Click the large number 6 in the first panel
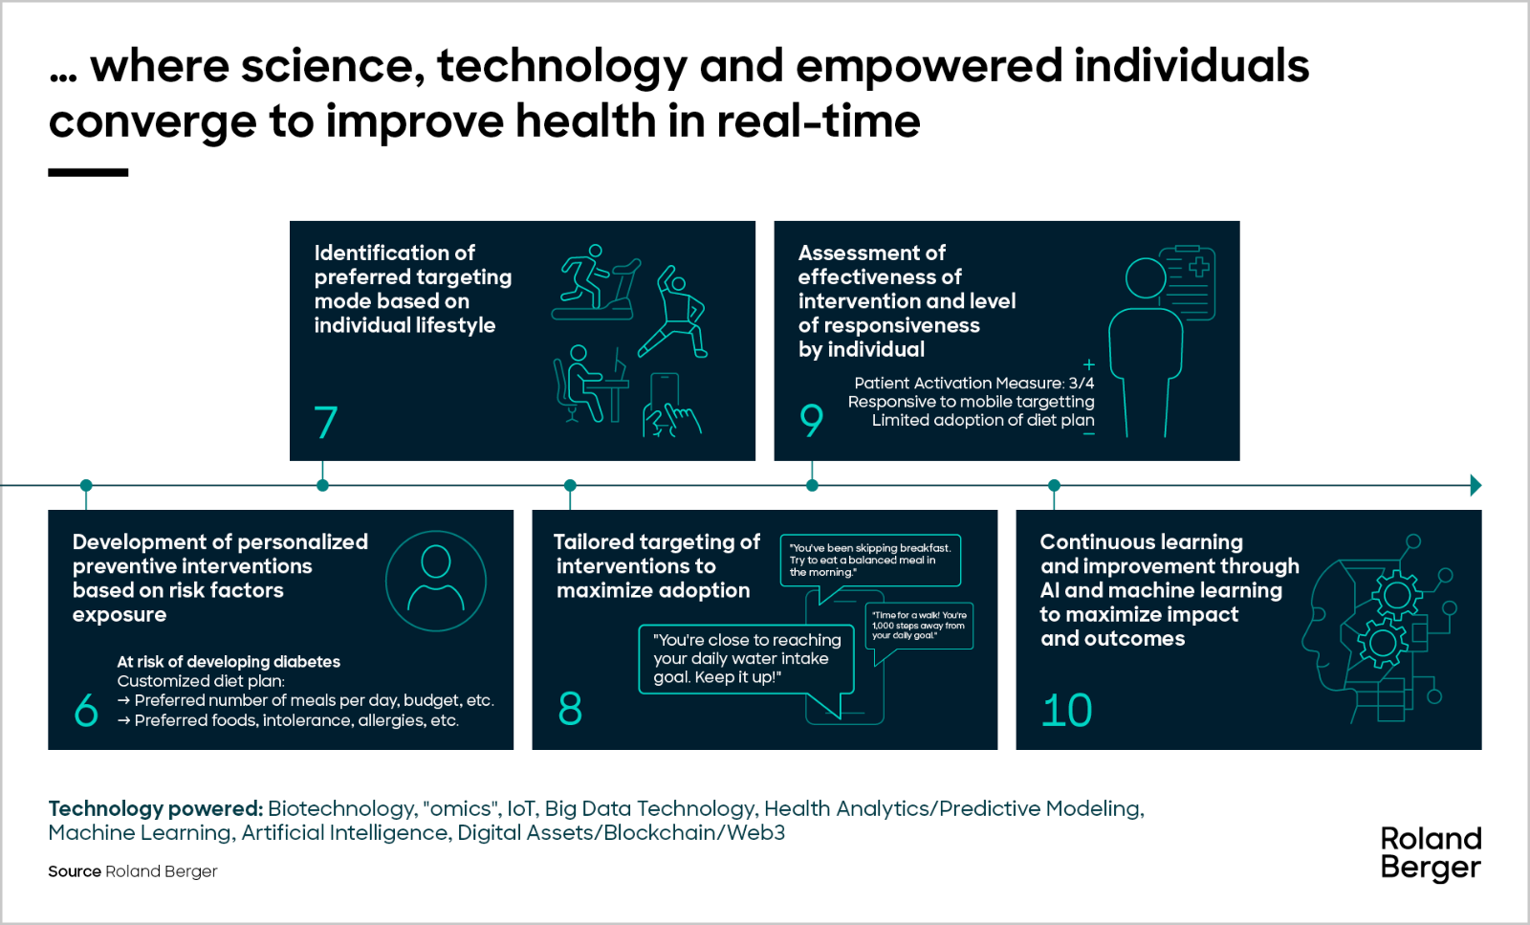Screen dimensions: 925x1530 (x=86, y=710)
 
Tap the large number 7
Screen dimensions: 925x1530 (x=326, y=422)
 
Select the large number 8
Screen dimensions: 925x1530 (x=570, y=709)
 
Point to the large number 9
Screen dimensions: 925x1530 (x=811, y=419)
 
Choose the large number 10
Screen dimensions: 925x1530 (x=1066, y=710)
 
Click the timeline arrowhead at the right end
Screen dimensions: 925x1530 (x=1475, y=485)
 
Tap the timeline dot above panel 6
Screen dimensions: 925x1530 (x=86, y=485)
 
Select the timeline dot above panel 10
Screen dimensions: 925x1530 (x=1054, y=485)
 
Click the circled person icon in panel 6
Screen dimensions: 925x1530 (x=436, y=581)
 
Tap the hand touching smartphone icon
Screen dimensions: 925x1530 (x=669, y=406)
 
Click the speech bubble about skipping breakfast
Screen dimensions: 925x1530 (x=869, y=561)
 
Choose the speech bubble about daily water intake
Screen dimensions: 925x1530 (x=746, y=658)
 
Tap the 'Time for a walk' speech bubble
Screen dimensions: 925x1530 (x=919, y=627)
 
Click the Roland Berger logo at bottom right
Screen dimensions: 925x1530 (x=1431, y=853)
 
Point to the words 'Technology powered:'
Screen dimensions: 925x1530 (x=155, y=808)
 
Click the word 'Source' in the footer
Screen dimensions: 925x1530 (x=75, y=871)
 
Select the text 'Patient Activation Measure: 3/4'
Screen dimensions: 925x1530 (x=973, y=383)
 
